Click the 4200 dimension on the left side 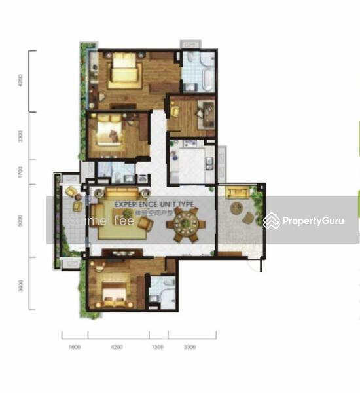pos(21,81)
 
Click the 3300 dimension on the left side pos(21,137)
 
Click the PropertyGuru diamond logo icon pos(272,221)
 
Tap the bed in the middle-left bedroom pos(108,134)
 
